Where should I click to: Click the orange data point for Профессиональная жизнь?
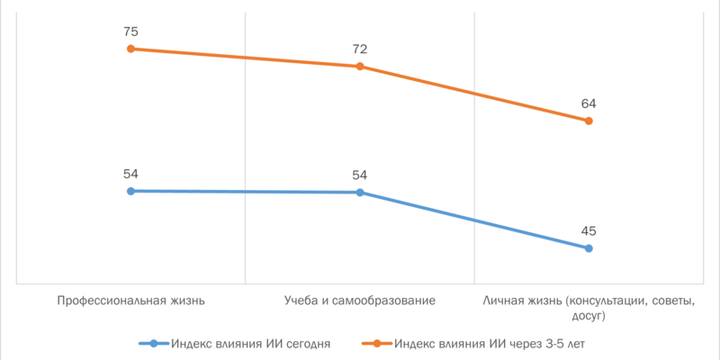coord(130,49)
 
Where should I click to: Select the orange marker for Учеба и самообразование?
coord(360,67)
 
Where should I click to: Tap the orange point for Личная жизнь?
coord(589,121)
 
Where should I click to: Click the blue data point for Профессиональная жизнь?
coord(130,191)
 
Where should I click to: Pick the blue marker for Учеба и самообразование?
coord(360,193)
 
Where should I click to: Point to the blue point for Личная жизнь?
coord(589,248)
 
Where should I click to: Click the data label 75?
coord(130,31)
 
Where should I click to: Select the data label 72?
coord(360,49)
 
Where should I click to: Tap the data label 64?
coord(589,103)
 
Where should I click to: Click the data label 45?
coord(589,230)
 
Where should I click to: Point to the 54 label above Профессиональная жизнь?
coord(130,174)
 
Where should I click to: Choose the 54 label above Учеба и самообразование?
coord(360,175)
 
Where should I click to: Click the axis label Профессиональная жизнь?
coord(130,301)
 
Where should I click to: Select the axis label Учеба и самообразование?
coord(360,301)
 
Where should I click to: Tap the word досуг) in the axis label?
coord(588,316)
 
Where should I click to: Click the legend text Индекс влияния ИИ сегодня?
coord(251,343)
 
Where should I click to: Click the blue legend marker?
coord(154,343)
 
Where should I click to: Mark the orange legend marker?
coord(376,343)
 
